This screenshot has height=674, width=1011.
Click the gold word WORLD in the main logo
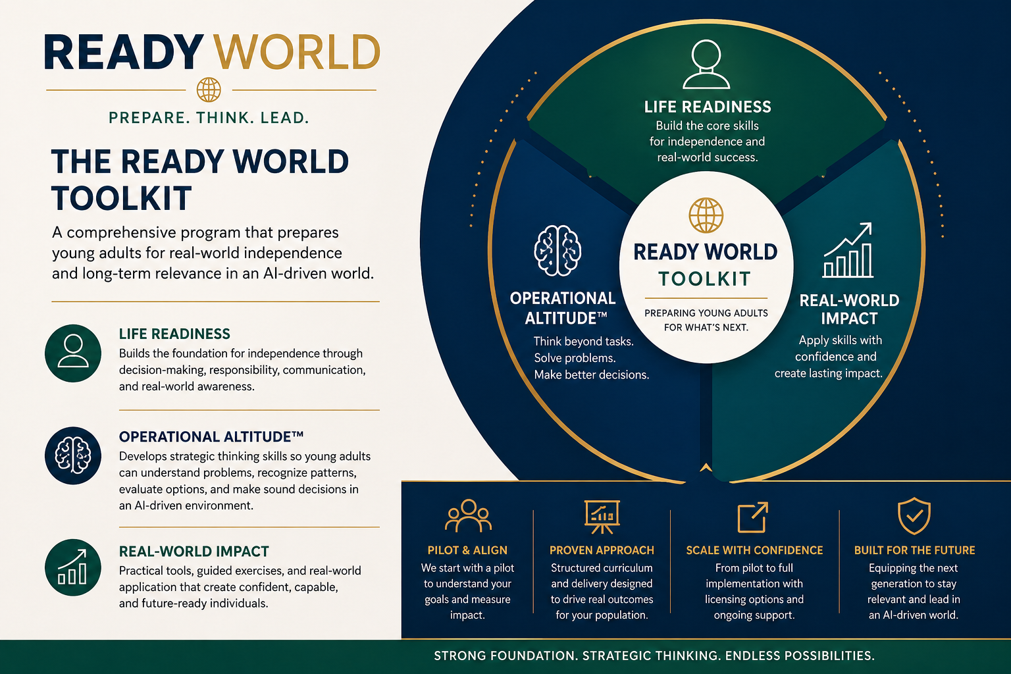pyautogui.click(x=298, y=53)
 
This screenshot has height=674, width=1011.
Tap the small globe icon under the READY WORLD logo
pyautogui.click(x=209, y=90)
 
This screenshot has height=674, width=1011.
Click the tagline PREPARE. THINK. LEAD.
pyautogui.click(x=209, y=118)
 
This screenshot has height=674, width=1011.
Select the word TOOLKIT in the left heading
pyautogui.click(x=122, y=198)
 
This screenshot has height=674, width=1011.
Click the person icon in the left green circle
pyautogui.click(x=73, y=351)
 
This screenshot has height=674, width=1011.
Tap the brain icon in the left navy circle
pyautogui.click(x=73, y=455)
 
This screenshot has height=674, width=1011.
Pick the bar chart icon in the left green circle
pyautogui.click(x=73, y=567)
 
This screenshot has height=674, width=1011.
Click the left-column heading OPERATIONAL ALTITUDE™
pyautogui.click(x=211, y=436)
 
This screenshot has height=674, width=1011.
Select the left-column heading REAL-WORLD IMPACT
pyautogui.click(x=194, y=552)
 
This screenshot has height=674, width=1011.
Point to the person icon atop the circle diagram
pyautogui.click(x=706, y=65)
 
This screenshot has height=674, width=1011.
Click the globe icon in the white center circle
pyautogui.click(x=706, y=215)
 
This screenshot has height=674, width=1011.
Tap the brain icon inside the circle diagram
pyautogui.click(x=557, y=250)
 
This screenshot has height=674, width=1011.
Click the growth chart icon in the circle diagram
pyautogui.click(x=848, y=251)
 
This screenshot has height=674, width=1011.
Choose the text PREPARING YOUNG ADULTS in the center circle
pyautogui.click(x=706, y=313)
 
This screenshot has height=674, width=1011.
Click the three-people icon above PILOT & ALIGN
pyautogui.click(x=468, y=516)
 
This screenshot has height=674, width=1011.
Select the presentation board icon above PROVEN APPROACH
pyautogui.click(x=602, y=517)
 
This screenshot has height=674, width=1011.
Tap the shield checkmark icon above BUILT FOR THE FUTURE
pyautogui.click(x=914, y=516)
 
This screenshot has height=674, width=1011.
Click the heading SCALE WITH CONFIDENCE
pyautogui.click(x=754, y=550)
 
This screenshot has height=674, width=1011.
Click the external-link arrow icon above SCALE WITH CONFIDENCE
pyautogui.click(x=753, y=517)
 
